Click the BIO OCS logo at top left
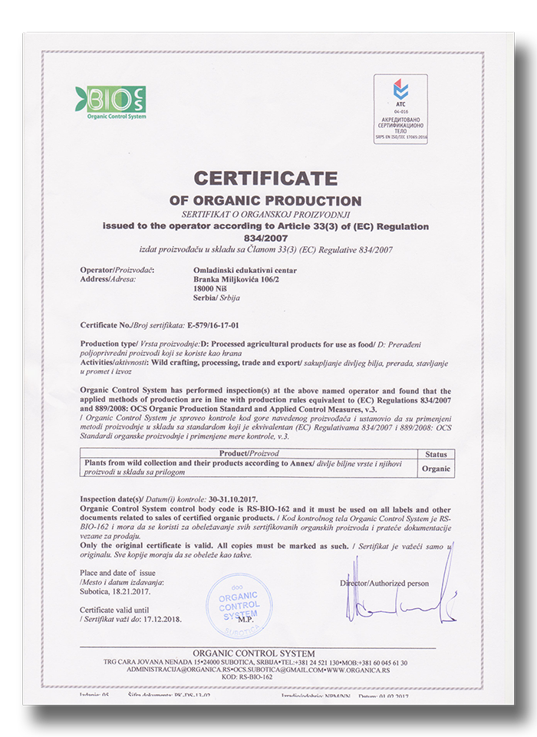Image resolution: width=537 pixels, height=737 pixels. [x=110, y=100]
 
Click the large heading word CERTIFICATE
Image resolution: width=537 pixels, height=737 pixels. [x=265, y=179]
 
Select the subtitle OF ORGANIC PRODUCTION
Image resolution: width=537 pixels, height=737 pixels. [x=265, y=201]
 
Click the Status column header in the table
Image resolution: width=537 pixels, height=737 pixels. [x=436, y=455]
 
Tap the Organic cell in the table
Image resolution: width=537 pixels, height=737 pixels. [x=436, y=469]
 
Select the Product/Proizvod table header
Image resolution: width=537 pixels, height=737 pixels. [x=248, y=455]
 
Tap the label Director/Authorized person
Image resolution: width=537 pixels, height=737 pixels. [x=384, y=584]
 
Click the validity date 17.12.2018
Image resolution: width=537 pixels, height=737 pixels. [x=161, y=618]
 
